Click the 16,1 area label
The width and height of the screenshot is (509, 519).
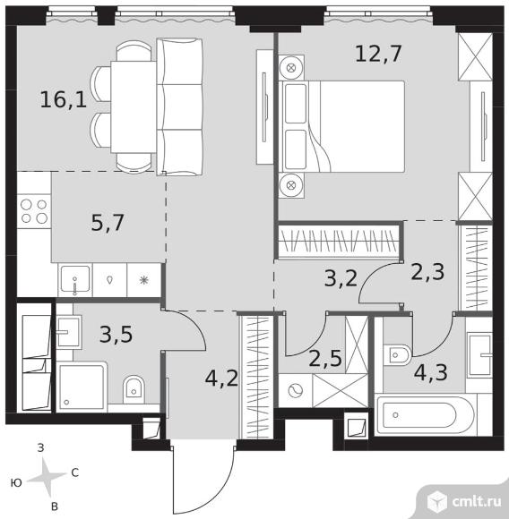point(64,99)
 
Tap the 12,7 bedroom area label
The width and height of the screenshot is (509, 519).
point(378,54)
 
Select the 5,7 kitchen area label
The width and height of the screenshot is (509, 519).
point(108,223)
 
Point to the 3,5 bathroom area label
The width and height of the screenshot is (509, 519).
point(116,334)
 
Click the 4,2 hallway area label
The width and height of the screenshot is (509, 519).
point(221,379)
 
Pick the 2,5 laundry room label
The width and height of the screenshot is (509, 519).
point(325,358)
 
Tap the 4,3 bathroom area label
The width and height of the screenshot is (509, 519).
point(431,372)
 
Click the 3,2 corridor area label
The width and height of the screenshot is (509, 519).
point(341,278)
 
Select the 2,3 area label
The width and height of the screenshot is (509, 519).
point(427,272)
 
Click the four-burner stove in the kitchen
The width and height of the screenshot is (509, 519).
point(34,211)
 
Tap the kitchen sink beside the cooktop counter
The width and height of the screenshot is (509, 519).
point(75,280)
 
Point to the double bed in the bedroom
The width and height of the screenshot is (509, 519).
point(341,126)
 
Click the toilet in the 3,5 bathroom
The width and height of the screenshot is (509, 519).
point(134,389)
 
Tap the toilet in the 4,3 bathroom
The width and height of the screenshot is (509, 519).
point(398,355)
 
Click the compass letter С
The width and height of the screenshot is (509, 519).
point(75,472)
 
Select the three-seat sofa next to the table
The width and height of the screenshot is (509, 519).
point(179,106)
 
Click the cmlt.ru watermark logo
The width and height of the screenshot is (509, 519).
point(464,501)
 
